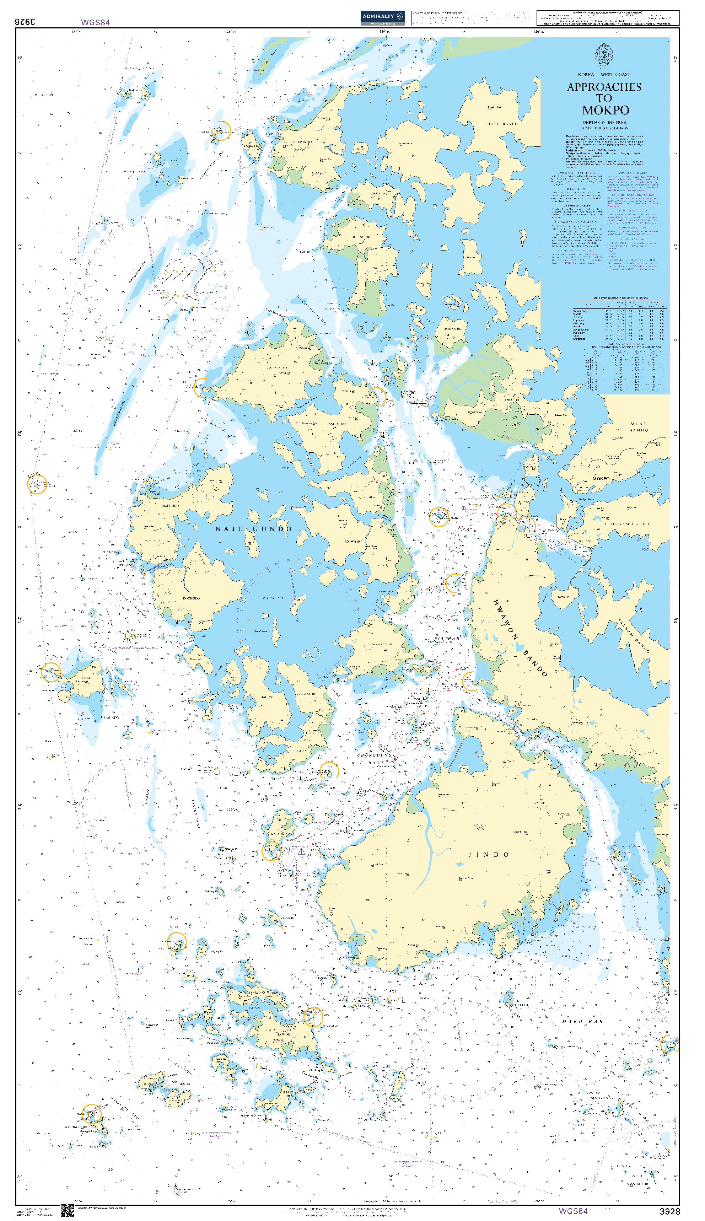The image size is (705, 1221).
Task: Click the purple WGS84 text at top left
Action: (x=95, y=22)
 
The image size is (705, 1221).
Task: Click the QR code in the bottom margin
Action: (x=67, y=1211)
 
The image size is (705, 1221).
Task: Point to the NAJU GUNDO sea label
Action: (x=254, y=529)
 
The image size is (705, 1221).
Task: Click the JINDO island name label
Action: (x=488, y=855)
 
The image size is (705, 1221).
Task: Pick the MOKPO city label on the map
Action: (x=601, y=478)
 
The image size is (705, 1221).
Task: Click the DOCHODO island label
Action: (x=191, y=598)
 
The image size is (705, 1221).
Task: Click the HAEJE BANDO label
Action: (x=502, y=124)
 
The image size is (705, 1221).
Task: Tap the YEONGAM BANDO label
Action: (x=627, y=524)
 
